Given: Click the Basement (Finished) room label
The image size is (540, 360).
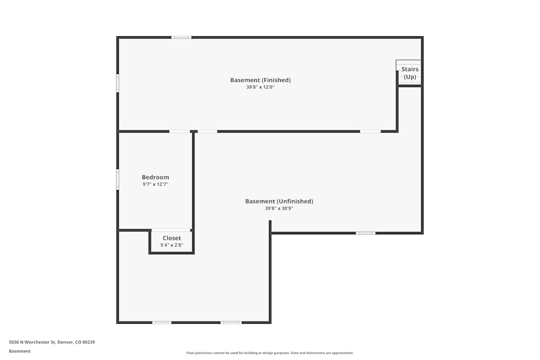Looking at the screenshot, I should click(x=260, y=80).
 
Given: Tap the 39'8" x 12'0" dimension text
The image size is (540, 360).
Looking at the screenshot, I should click(x=260, y=87).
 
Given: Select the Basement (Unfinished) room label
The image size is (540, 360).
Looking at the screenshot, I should click(x=279, y=201).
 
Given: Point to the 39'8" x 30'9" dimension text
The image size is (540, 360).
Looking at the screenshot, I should click(x=279, y=208).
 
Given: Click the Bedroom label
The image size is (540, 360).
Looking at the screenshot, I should click(x=156, y=177).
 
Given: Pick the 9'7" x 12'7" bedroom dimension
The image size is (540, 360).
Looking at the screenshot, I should click(x=156, y=185).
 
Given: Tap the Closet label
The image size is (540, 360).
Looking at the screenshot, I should click(x=172, y=238).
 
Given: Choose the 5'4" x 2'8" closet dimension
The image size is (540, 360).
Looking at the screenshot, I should click(x=172, y=245).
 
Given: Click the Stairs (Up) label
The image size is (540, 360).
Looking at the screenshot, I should click(x=410, y=73).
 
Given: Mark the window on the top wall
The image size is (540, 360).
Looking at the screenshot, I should click(x=181, y=37).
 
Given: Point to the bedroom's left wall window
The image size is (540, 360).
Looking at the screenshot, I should click(x=118, y=180).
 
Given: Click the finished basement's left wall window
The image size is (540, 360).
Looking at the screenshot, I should click(x=118, y=83).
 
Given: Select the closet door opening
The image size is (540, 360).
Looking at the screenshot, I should click(x=171, y=230).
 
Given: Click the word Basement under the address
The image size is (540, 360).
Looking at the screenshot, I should click(x=20, y=351).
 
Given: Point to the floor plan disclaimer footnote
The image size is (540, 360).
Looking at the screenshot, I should click(x=270, y=353).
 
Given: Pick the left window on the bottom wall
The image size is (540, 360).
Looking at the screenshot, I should click(x=161, y=322).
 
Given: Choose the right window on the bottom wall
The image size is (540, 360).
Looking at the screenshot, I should click(x=231, y=322).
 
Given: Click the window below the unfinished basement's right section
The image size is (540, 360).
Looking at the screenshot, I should click(x=365, y=233).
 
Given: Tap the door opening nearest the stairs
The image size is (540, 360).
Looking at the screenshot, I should click(x=370, y=131).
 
